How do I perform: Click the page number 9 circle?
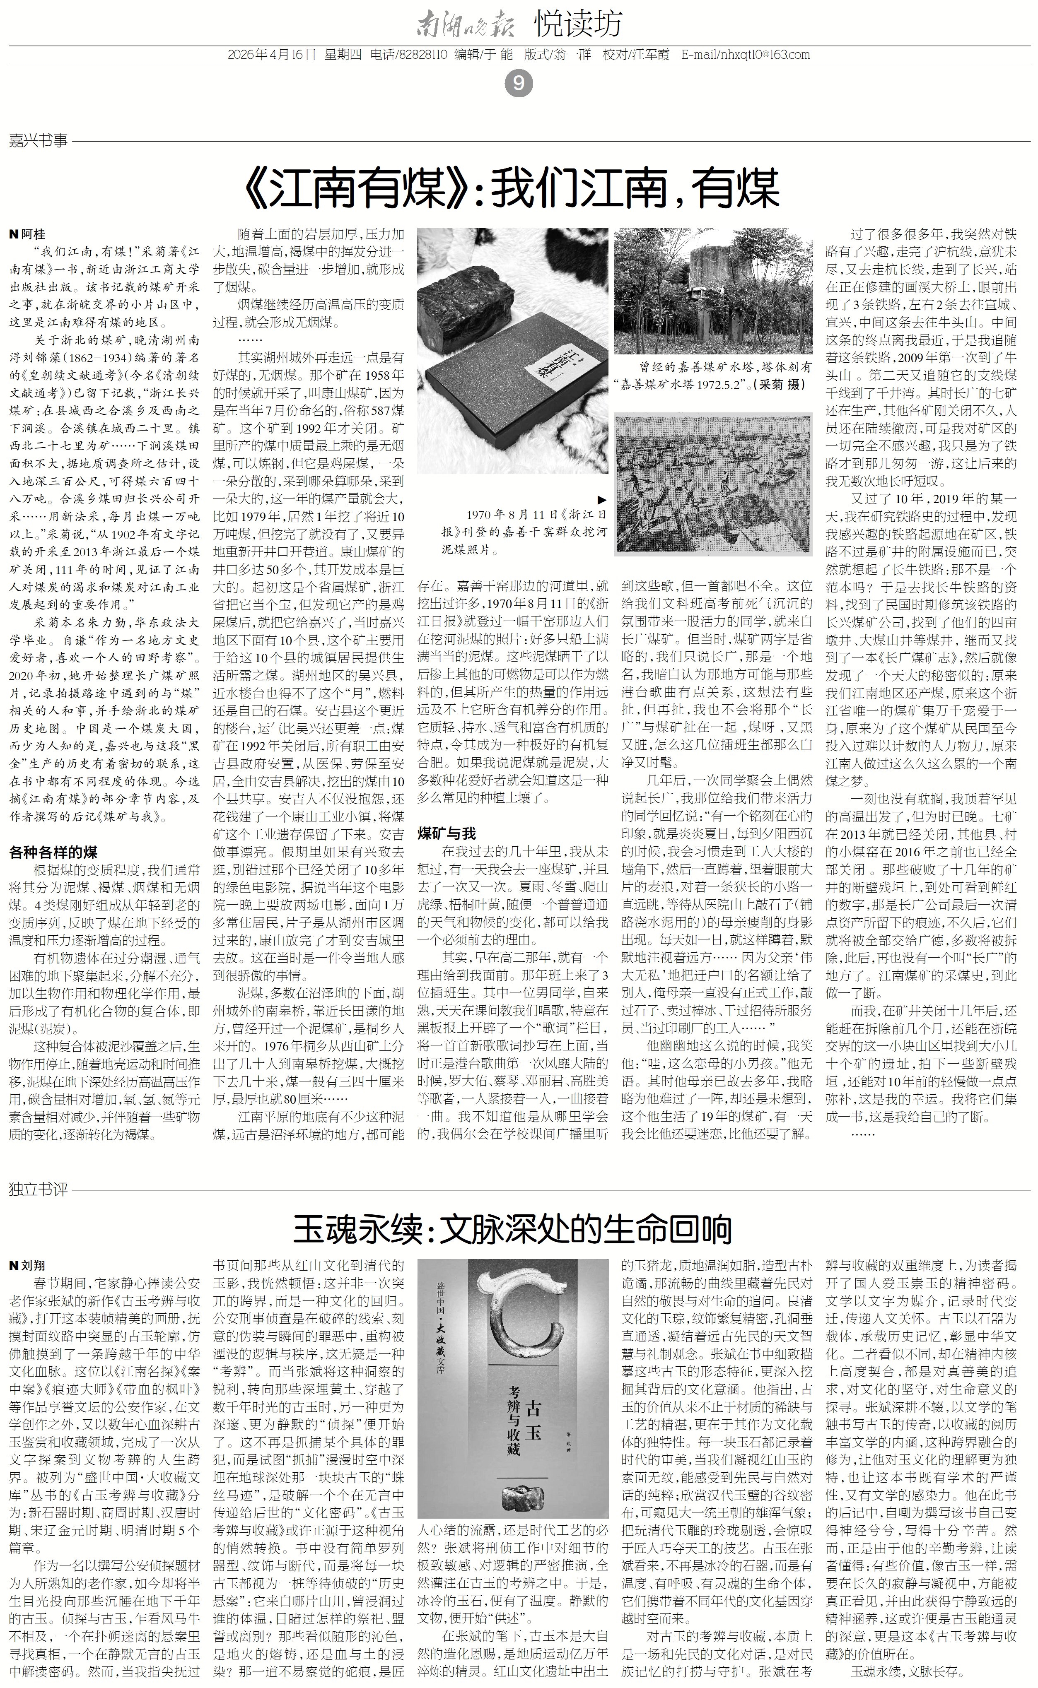tap(518, 84)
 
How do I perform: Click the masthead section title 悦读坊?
tap(578, 24)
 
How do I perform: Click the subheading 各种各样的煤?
tap(53, 852)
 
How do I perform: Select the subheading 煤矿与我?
tap(447, 833)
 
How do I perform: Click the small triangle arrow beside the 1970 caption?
tap(601, 500)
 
